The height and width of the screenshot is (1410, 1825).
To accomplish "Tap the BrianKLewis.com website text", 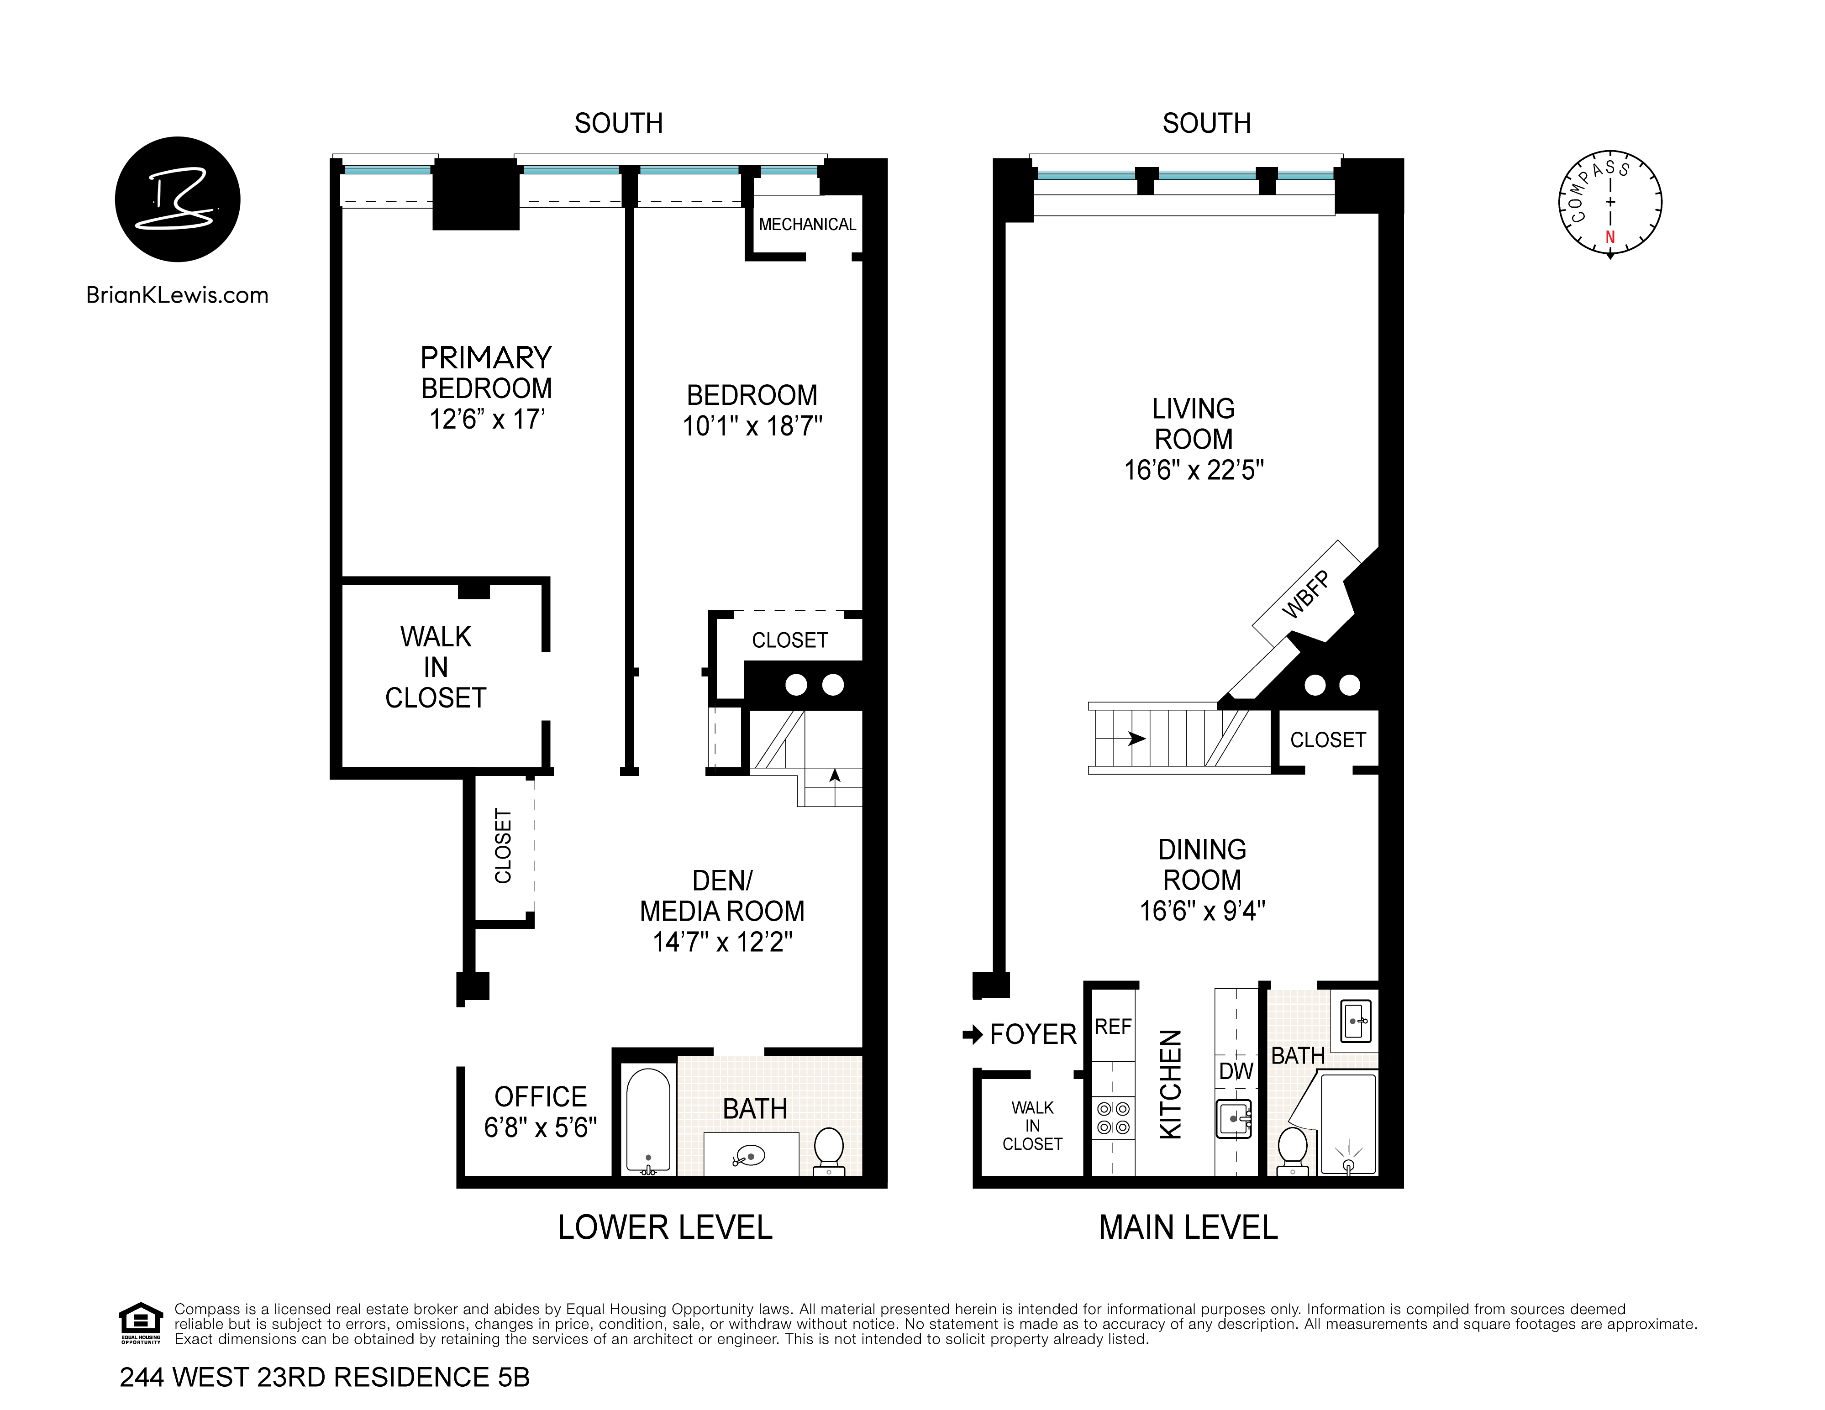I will (x=177, y=295).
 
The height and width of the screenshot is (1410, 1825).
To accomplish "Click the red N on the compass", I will (x=1609, y=237).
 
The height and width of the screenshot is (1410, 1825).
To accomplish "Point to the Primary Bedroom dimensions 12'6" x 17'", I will (x=486, y=419).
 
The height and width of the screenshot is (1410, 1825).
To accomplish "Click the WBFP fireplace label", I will (x=1305, y=595).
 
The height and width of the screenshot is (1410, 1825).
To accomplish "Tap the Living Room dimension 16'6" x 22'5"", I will (x=1193, y=470).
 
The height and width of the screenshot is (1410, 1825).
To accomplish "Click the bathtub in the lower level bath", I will (x=647, y=1119).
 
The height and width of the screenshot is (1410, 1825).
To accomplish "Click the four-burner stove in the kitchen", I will (x=1113, y=1118).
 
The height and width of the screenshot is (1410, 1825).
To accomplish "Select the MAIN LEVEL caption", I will (x=1188, y=1227).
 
